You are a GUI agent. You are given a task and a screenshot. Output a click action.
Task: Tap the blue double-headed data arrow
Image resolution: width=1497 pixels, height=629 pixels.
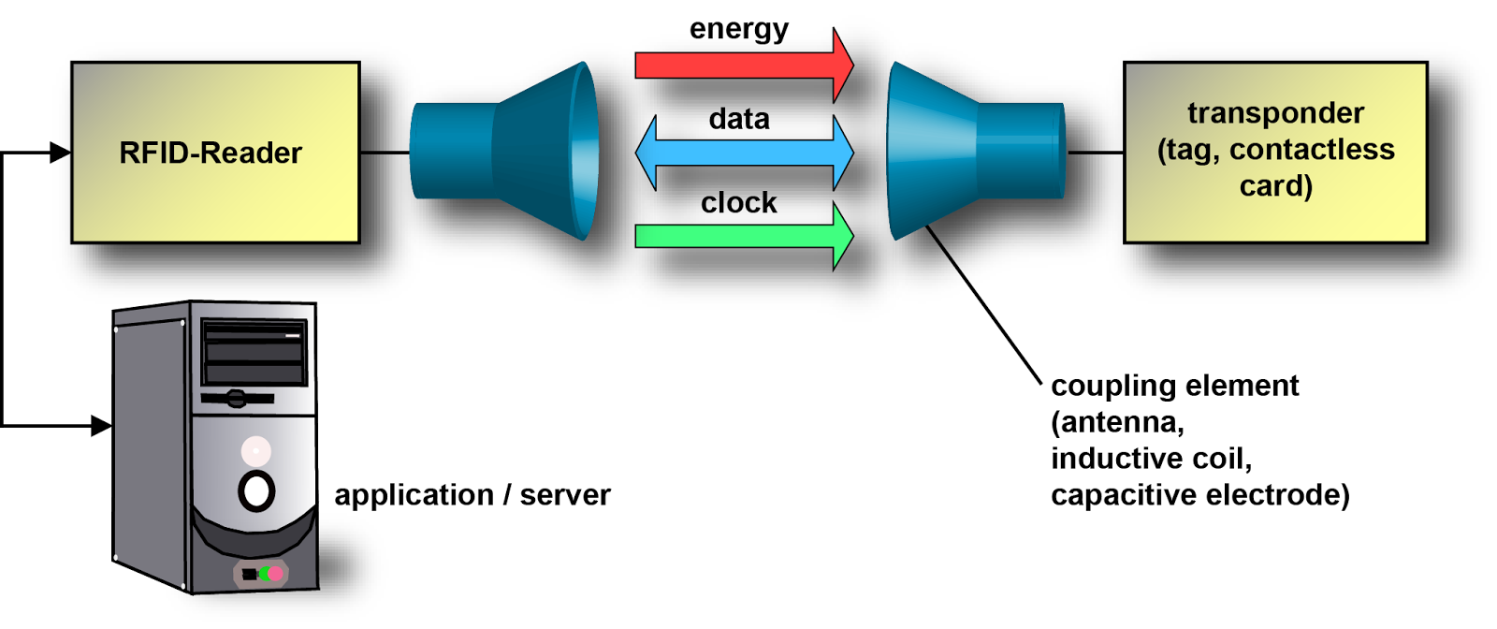click(744, 153)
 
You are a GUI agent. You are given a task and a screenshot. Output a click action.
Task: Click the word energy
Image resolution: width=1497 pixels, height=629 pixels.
click(738, 29)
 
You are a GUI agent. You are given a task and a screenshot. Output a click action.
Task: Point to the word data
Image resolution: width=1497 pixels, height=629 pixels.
click(738, 119)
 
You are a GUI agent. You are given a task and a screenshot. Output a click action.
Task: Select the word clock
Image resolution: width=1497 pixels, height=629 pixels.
click(738, 202)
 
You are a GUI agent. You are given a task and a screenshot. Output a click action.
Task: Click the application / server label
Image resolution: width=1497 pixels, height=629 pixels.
click(472, 494)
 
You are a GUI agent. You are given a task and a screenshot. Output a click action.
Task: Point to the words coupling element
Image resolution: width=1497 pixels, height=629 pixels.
click(1174, 386)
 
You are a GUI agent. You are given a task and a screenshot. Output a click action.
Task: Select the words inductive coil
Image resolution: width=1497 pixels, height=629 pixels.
click(1151, 459)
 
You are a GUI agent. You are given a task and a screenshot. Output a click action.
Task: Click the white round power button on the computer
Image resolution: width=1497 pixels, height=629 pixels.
click(256, 490)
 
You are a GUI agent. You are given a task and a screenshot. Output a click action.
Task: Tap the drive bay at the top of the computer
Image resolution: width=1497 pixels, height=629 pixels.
click(254, 352)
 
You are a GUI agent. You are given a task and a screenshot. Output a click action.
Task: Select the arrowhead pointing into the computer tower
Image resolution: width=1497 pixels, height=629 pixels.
click(102, 426)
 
